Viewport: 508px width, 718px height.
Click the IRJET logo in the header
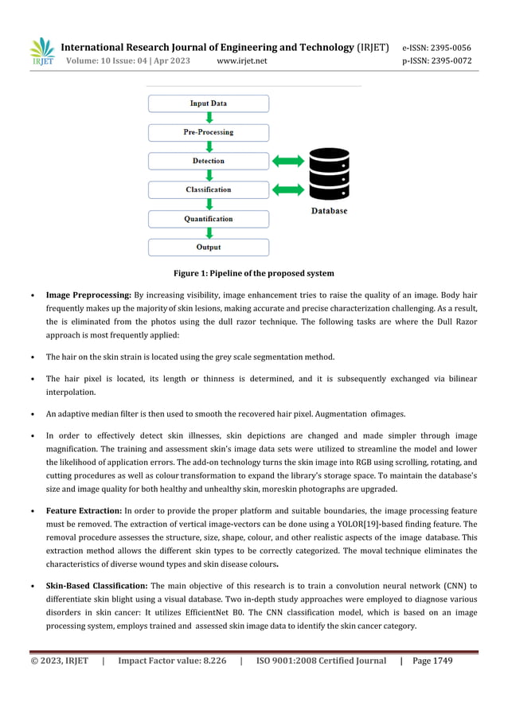tap(41, 53)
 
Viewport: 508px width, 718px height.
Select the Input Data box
tap(209, 103)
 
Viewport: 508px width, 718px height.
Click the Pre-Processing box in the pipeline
tap(209, 132)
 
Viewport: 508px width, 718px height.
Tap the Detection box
tap(209, 161)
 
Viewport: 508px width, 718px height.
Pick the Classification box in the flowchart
tap(209, 189)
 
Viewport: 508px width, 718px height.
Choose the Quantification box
tap(209, 218)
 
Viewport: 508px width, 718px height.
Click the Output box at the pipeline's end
tap(209, 247)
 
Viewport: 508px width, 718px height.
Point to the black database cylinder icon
tap(329, 174)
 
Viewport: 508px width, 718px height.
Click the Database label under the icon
tap(329, 211)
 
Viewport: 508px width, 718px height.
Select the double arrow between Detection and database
tap(288, 162)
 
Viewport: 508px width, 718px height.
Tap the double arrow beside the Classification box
tap(288, 189)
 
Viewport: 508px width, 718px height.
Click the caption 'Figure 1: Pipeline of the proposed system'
tap(254, 274)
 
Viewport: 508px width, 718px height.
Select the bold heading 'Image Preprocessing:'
tap(88, 294)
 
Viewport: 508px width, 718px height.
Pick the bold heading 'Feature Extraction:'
tap(84, 510)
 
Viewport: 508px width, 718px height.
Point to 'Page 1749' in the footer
tap(432, 661)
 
